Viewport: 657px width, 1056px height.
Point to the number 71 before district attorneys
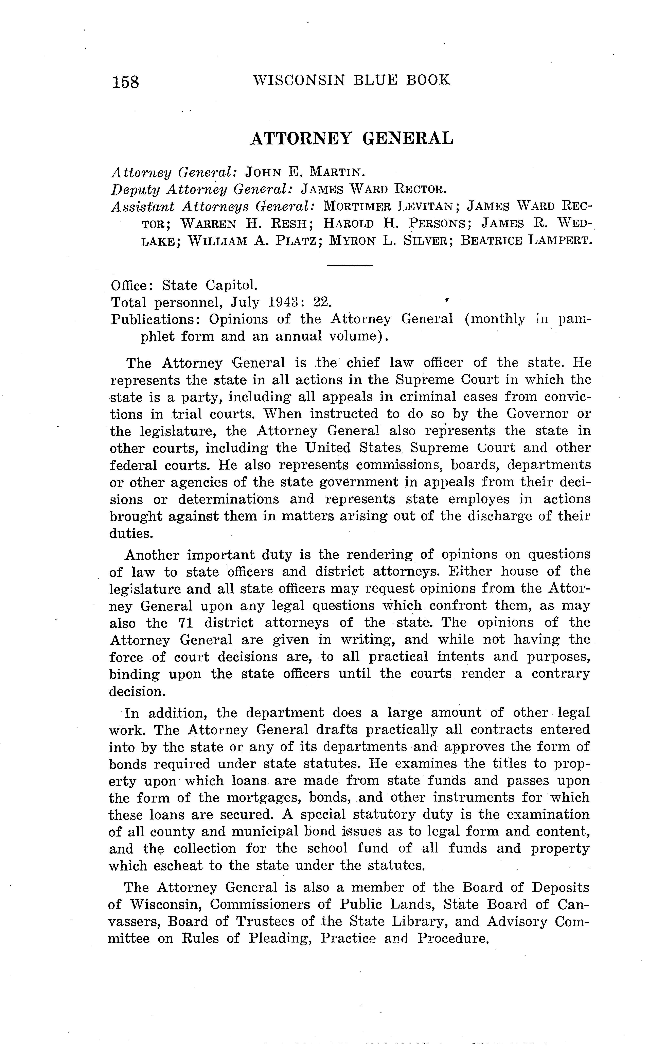(x=185, y=623)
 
